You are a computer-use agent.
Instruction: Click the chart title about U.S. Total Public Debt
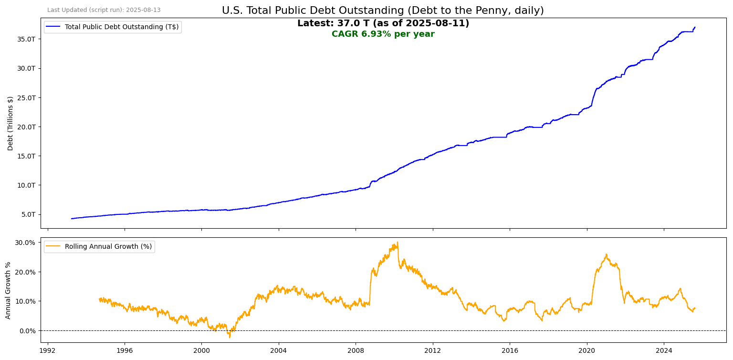point(383,11)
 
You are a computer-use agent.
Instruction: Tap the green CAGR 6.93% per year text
point(383,34)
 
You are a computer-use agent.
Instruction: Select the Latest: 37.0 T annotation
point(383,23)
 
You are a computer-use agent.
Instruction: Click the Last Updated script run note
point(104,10)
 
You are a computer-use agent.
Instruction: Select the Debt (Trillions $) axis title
point(10,123)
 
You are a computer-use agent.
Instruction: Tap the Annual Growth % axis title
point(8,290)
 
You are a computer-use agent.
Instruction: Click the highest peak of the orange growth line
point(398,242)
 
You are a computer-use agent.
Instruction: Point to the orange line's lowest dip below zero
point(229,338)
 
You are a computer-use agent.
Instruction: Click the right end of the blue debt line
point(695,27)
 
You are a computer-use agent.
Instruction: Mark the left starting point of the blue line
point(71,219)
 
